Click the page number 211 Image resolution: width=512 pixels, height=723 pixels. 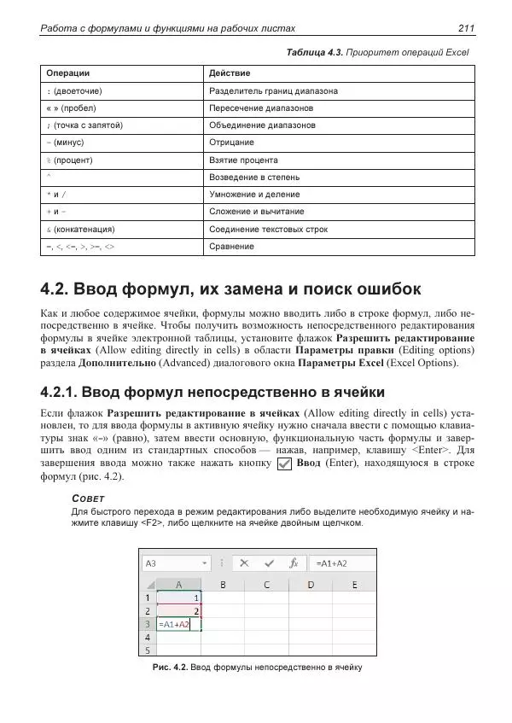click(x=466, y=29)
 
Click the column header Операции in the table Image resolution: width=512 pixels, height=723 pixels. click(x=67, y=73)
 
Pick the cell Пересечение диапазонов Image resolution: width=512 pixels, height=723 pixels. click(x=260, y=108)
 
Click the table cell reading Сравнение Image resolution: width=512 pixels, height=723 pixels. click(x=231, y=247)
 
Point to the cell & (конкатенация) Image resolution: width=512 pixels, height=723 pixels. click(x=79, y=229)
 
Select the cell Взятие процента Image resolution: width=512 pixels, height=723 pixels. click(x=242, y=160)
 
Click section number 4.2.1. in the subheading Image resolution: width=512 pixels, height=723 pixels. click(x=68, y=392)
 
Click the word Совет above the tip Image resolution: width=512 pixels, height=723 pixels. click(x=88, y=497)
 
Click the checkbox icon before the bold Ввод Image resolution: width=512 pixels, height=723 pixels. click(x=285, y=464)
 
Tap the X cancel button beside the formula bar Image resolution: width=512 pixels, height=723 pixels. click(x=245, y=563)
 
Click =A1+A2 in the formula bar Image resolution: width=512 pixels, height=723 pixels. click(x=332, y=563)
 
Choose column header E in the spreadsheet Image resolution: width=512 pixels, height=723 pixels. click(x=355, y=585)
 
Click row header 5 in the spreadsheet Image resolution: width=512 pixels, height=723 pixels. click(x=148, y=650)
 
